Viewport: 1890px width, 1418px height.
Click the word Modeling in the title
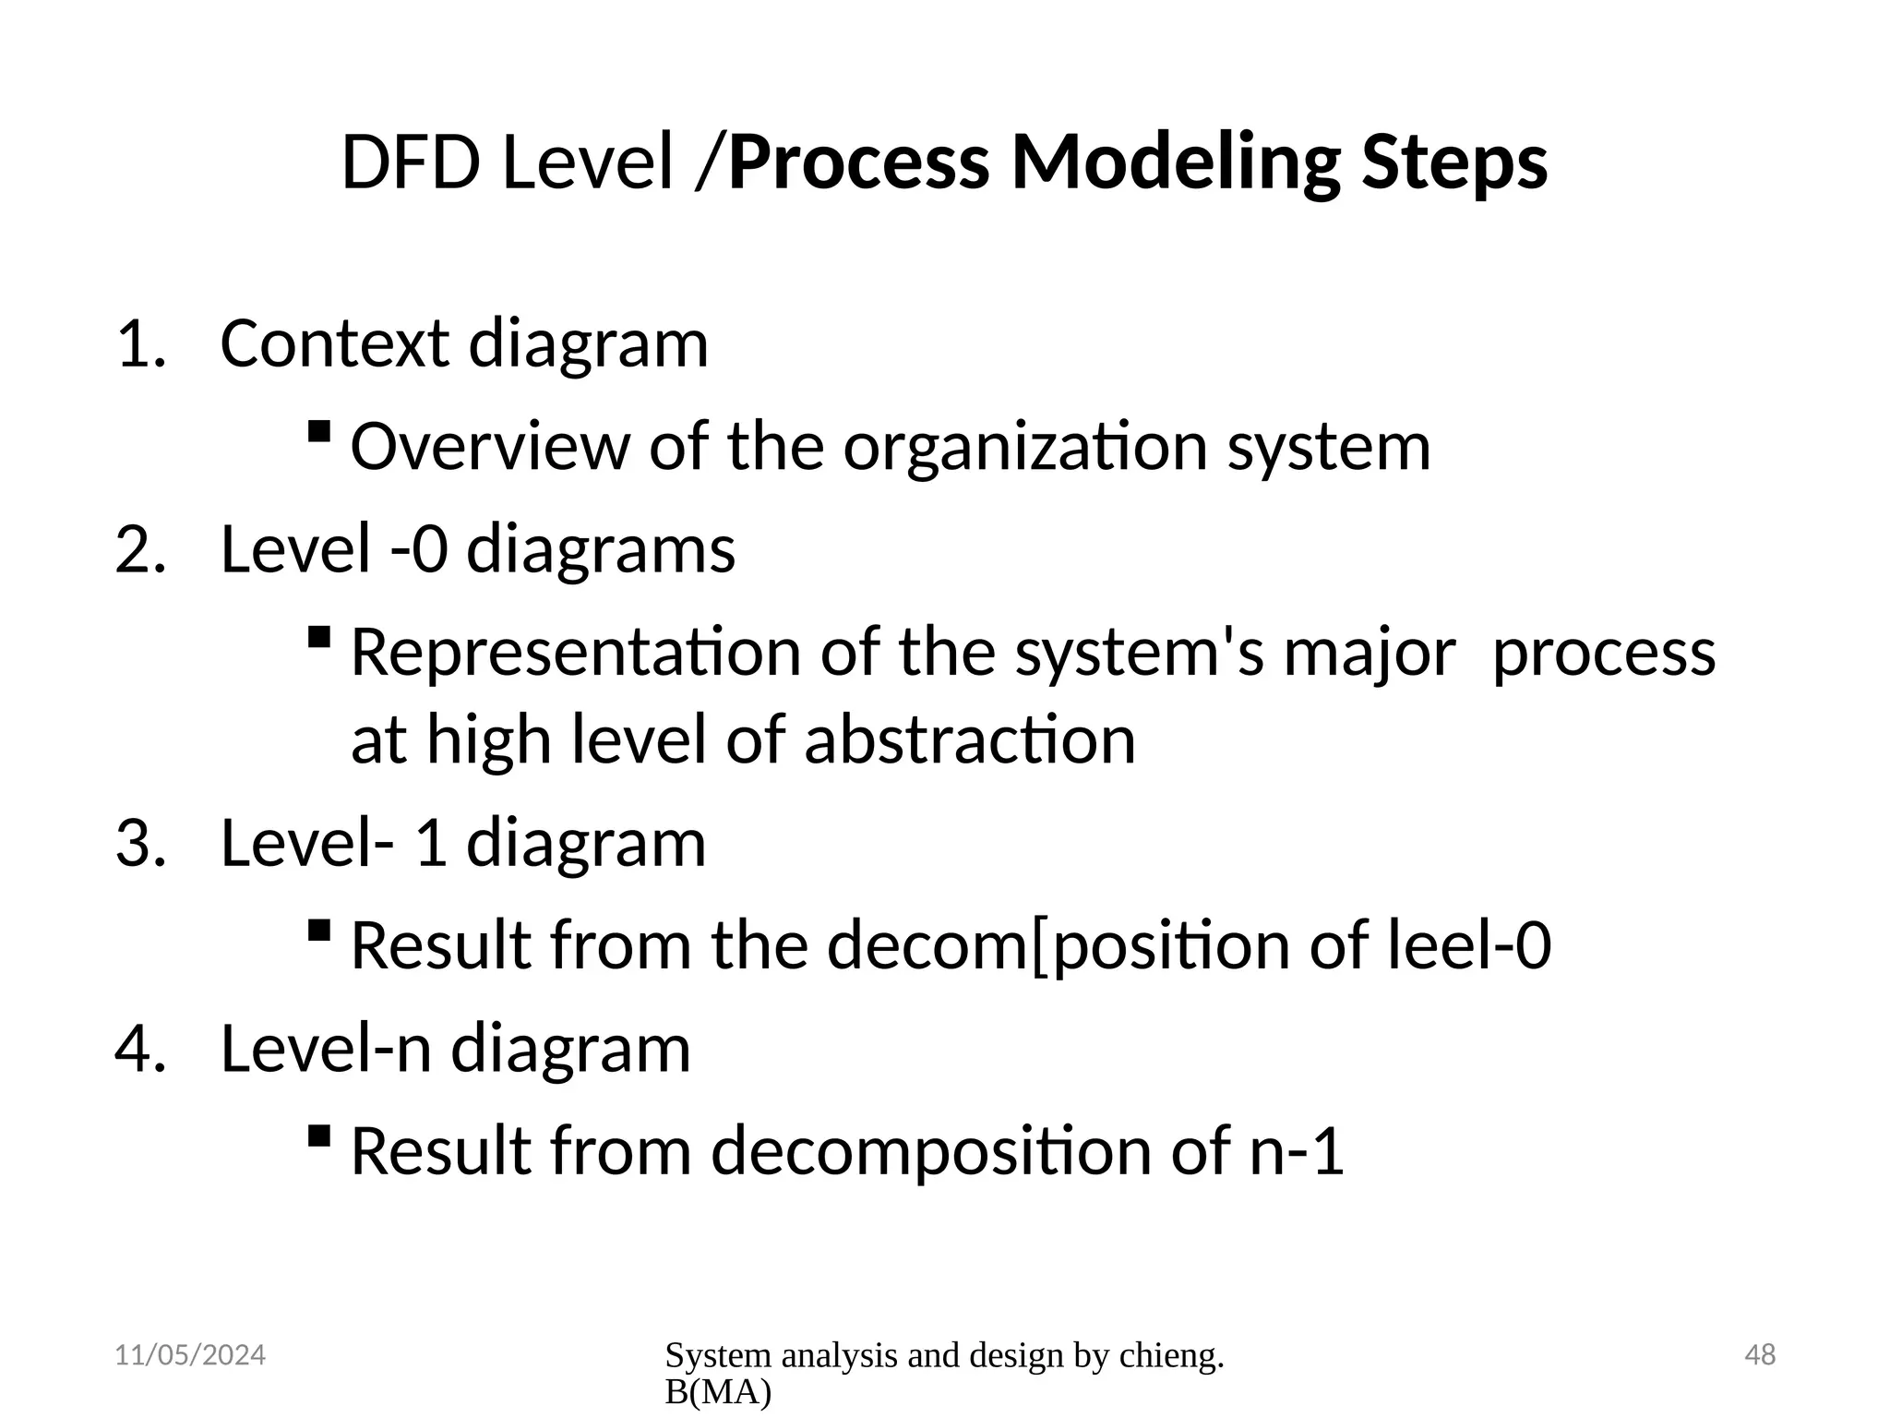pyautogui.click(x=1175, y=162)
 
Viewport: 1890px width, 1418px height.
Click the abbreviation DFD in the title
pyautogui.click(x=410, y=162)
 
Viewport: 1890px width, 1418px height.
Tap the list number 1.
pyautogui.click(x=140, y=344)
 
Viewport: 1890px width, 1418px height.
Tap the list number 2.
pyautogui.click(x=140, y=549)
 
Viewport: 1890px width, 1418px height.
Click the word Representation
pyautogui.click(x=576, y=653)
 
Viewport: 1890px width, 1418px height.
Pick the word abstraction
pyautogui.click(x=969, y=740)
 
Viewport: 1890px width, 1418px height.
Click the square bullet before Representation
pyautogui.click(x=319, y=637)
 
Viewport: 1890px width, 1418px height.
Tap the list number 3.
pyautogui.click(x=140, y=844)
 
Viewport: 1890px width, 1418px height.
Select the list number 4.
pyautogui.click(x=140, y=1050)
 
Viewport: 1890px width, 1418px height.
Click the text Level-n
pyautogui.click(x=325, y=1050)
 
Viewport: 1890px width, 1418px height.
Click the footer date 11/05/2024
pyautogui.click(x=189, y=1355)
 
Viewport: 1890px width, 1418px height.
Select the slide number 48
pyautogui.click(x=1760, y=1355)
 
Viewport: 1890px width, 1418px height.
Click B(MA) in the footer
pyautogui.click(x=717, y=1393)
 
